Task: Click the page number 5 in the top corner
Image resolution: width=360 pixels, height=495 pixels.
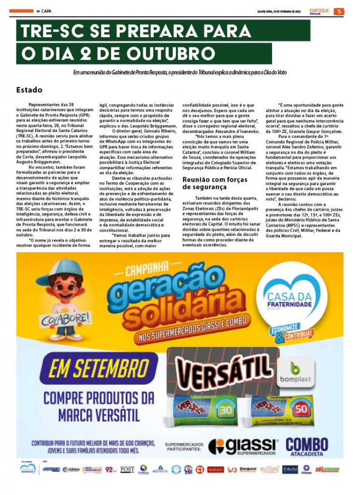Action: [x=340, y=12]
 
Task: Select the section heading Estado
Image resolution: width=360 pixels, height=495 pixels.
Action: [x=29, y=90]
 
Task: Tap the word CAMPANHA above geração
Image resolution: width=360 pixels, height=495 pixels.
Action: [x=147, y=269]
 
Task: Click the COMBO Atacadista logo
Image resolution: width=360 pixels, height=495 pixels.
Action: [x=307, y=446]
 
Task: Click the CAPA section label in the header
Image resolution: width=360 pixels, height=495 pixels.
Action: [x=46, y=12]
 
